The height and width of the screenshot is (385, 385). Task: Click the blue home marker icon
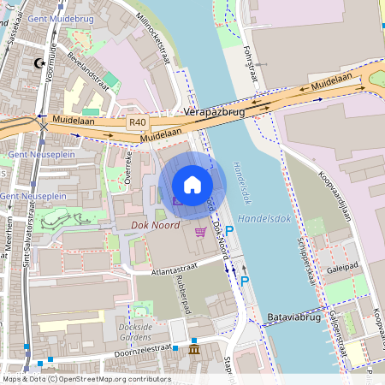(x=192, y=185)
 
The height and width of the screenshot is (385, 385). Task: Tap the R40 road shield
(x=138, y=122)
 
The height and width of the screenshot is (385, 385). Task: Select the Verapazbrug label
(x=214, y=112)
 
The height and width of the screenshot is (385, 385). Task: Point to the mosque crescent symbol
(x=37, y=62)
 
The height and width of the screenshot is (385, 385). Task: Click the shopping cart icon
(x=200, y=232)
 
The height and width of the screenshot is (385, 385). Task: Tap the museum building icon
(x=194, y=351)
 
